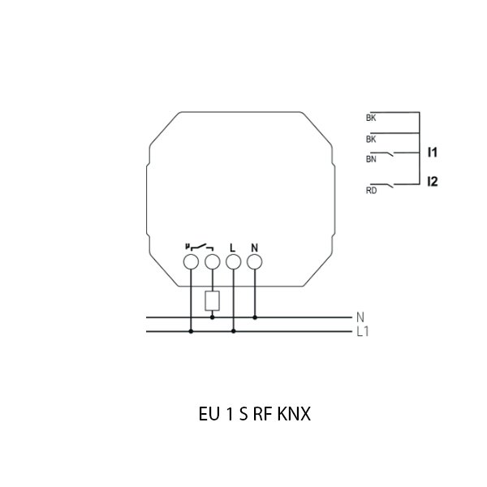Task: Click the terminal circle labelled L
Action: click(x=233, y=262)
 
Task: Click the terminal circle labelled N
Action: click(x=254, y=262)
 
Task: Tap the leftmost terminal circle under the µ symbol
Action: click(x=191, y=262)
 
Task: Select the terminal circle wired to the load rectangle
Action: click(x=213, y=262)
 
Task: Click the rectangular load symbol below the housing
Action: click(x=213, y=300)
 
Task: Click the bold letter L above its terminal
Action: click(x=233, y=248)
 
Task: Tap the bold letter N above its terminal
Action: click(x=254, y=248)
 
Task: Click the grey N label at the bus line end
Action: click(x=360, y=317)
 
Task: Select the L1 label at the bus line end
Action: click(x=363, y=332)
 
